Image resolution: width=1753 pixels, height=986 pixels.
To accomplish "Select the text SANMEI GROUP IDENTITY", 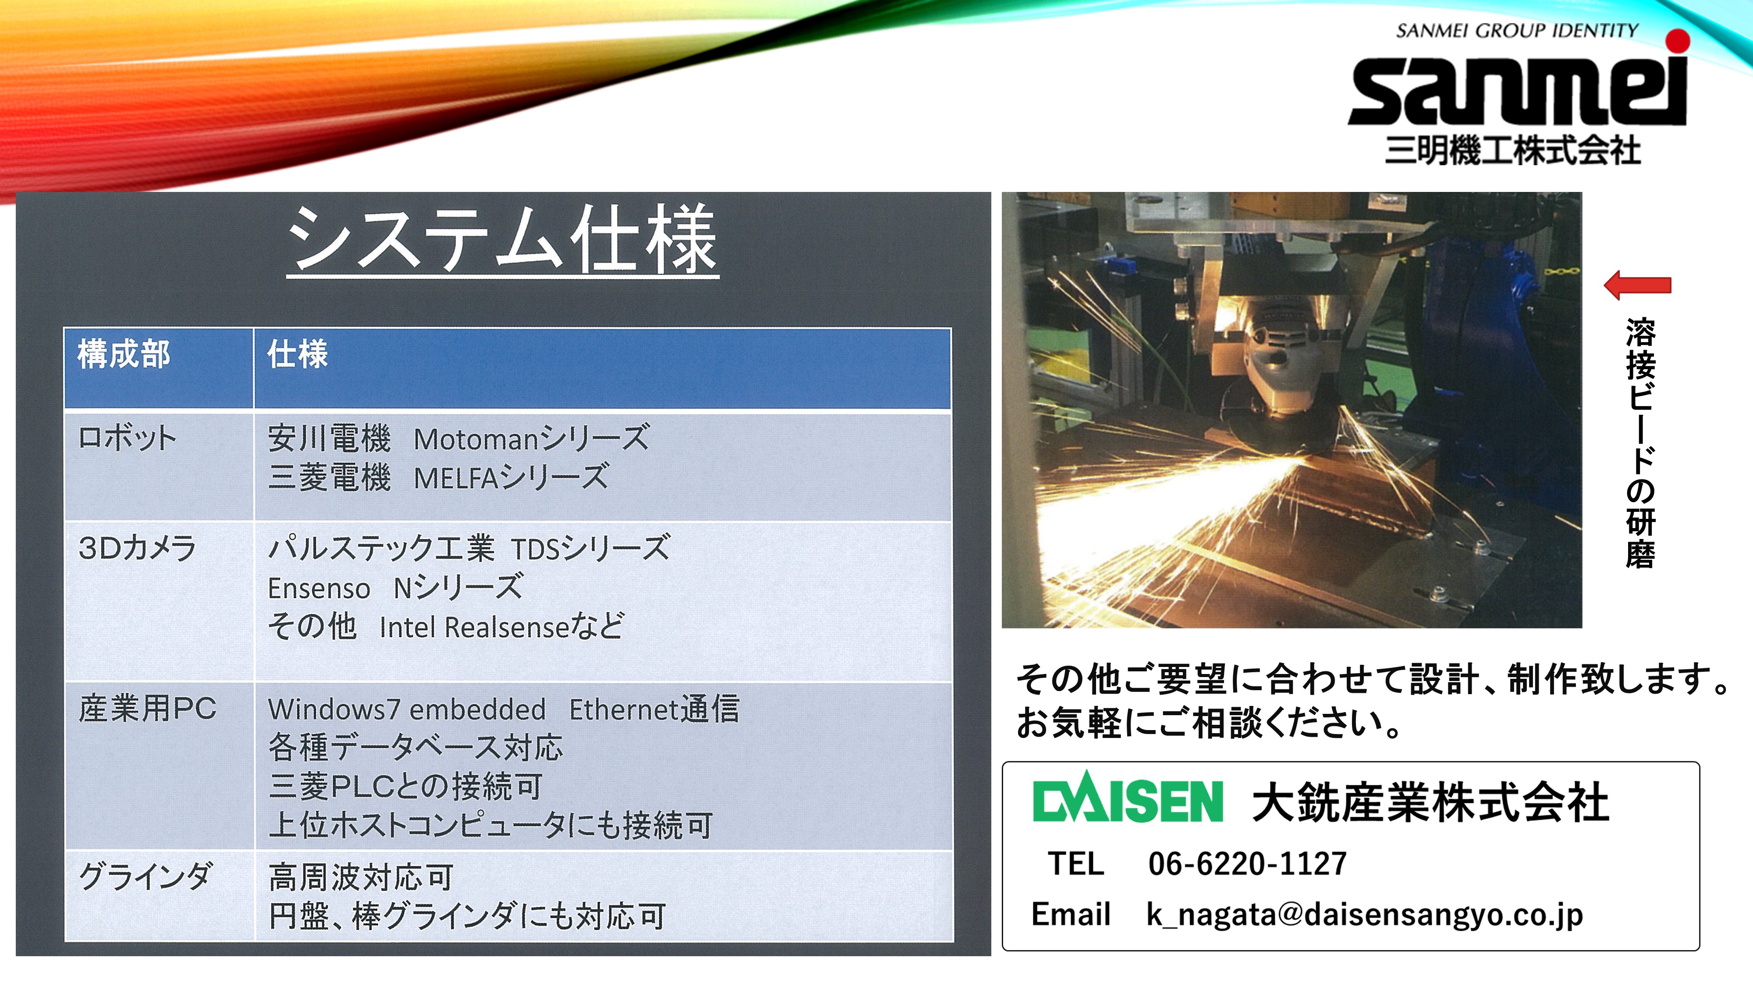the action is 1517,31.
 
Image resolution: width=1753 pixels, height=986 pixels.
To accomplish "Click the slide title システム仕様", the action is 502,240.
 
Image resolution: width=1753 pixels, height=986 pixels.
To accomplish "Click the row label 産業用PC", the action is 147,708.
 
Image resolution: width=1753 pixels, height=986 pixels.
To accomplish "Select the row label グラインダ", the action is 145,876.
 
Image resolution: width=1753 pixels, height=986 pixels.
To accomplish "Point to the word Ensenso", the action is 319,589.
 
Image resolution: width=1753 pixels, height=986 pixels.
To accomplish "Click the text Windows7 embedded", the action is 407,709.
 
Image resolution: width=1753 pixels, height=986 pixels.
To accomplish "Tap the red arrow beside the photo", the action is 1637,286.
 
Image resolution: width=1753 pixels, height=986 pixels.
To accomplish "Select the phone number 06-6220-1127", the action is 1247,863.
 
